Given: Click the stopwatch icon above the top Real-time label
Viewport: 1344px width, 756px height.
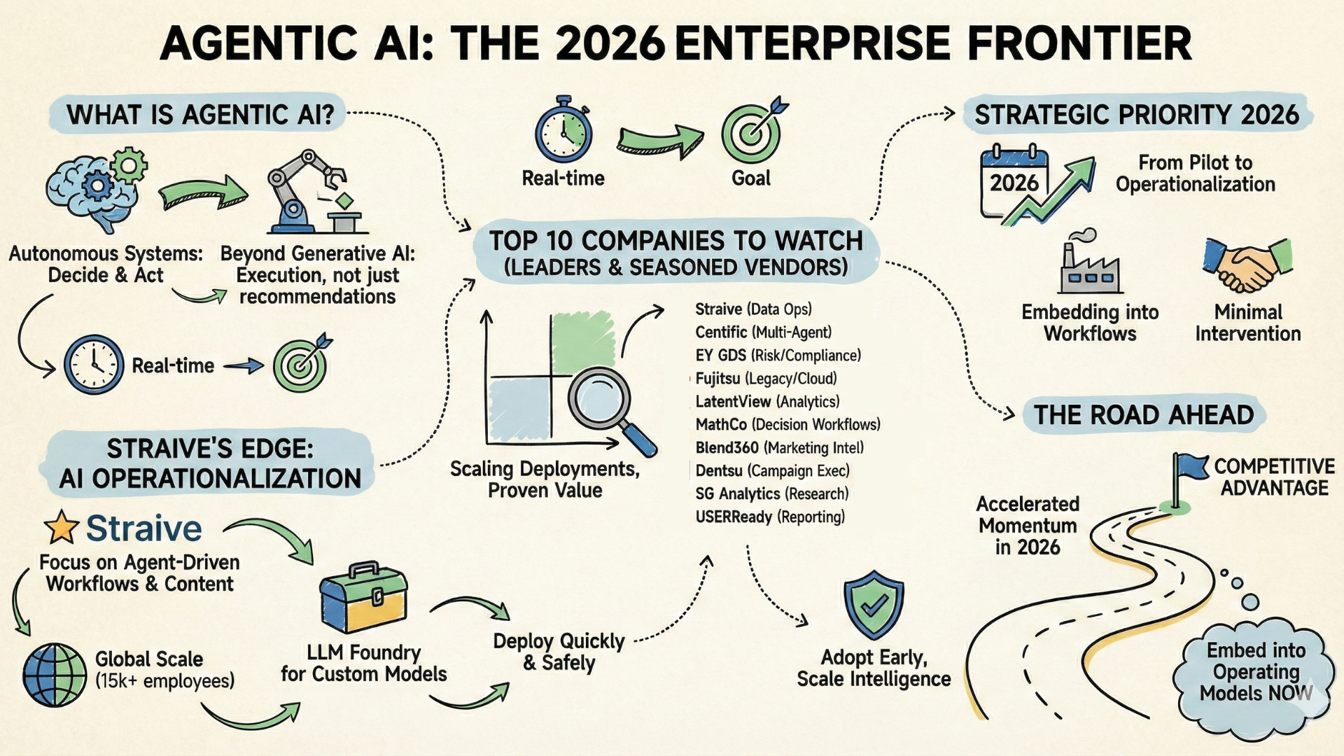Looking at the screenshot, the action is (563, 132).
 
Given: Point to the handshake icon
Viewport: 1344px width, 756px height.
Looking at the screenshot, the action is (1247, 265).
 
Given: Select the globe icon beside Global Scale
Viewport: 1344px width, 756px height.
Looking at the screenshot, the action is (55, 675).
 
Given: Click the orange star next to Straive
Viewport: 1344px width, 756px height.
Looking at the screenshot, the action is (62, 527).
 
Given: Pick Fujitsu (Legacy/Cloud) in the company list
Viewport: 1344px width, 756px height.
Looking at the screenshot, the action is (766, 379).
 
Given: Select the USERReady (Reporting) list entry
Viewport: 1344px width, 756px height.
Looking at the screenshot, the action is (770, 517).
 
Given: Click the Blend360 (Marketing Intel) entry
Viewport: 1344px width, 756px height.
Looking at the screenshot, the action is (780, 448).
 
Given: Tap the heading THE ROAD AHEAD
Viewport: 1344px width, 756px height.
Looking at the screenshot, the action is (1144, 415).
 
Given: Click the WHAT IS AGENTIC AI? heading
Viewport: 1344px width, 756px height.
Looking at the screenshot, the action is (200, 114).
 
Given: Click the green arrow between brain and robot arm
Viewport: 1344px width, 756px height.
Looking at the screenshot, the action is (203, 192).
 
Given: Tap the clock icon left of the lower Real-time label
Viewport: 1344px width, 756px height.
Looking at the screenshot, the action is (94, 365).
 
